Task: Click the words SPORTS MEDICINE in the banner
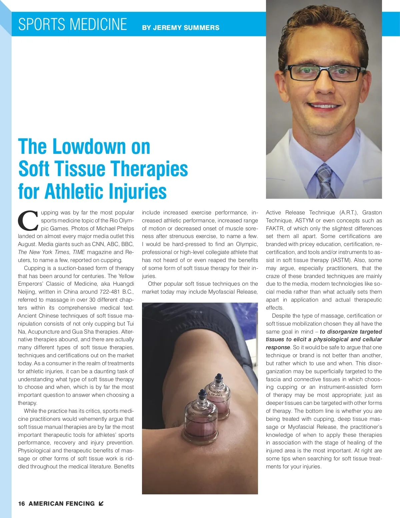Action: pyautogui.click(x=72, y=24)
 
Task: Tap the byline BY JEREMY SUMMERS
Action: pyautogui.click(x=181, y=28)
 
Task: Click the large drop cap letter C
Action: pyautogui.click(x=28, y=221)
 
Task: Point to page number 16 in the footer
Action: pyautogui.click(x=21, y=504)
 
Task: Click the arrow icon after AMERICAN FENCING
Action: pyautogui.click(x=101, y=503)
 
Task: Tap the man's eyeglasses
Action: pyautogui.click(x=324, y=73)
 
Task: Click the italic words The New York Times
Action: pyautogui.click(x=44, y=252)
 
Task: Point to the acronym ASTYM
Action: pyautogui.click(x=304, y=220)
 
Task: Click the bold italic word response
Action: pyautogui.click(x=278, y=347)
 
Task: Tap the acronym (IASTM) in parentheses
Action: pyautogui.click(x=340, y=260)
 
